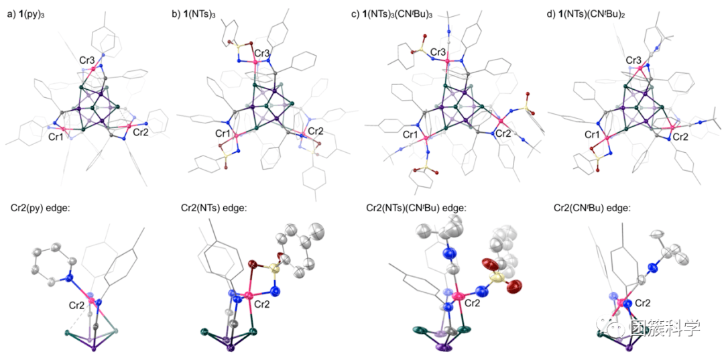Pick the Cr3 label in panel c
coord(439,52)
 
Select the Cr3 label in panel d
coord(633,61)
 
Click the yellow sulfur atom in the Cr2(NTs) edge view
coord(274,269)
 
